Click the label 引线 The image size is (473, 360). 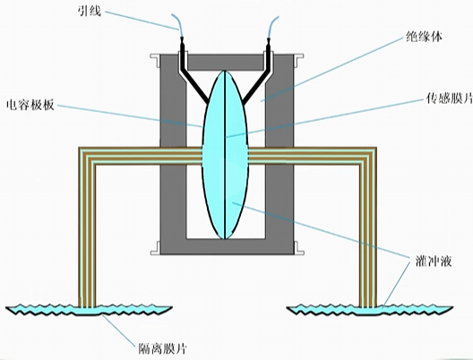point(89,12)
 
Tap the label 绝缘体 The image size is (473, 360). point(425,37)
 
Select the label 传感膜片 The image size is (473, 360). point(450,98)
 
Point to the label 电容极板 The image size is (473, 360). point(30,105)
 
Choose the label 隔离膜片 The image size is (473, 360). point(162,348)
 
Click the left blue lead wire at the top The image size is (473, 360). point(176,25)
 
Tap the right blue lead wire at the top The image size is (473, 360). point(272,27)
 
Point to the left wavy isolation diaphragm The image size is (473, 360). point(89,310)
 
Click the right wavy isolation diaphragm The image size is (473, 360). point(369,310)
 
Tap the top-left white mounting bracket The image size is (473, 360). point(155,59)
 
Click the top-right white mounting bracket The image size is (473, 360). point(298,59)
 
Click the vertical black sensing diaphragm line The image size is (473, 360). point(225,155)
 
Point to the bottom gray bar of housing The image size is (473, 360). point(227,246)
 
